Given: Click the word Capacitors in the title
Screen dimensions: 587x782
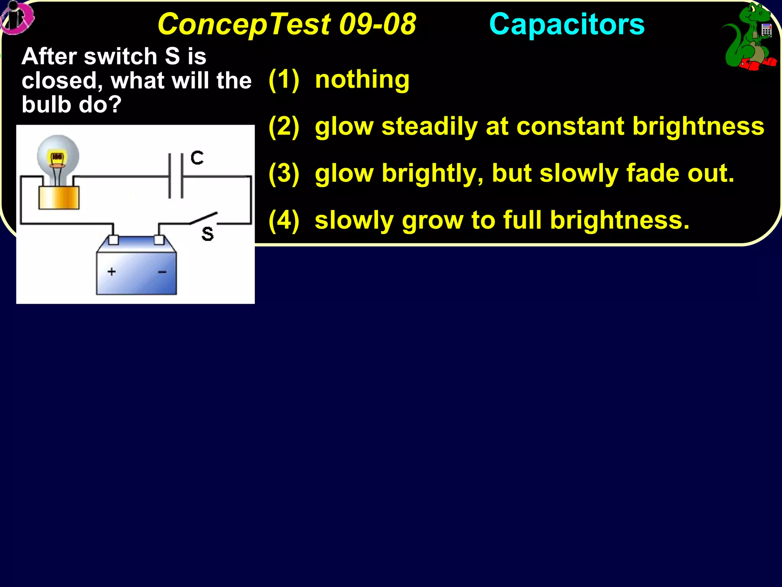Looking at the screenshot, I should click(567, 24).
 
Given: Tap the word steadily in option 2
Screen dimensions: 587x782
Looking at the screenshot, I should click(429, 126).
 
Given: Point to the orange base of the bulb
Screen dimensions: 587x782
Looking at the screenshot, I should click(59, 198).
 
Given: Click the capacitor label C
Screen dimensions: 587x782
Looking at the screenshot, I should click(197, 157).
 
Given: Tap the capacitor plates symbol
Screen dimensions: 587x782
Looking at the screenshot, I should click(176, 176).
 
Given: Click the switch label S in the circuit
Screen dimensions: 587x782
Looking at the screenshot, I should click(207, 234).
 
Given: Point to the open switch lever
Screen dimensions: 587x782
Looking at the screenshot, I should click(204, 218).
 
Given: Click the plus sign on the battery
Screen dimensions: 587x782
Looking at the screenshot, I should click(111, 272).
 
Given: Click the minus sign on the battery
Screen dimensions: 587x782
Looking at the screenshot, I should click(162, 272).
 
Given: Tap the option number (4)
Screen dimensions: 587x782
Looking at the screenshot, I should click(284, 221).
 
